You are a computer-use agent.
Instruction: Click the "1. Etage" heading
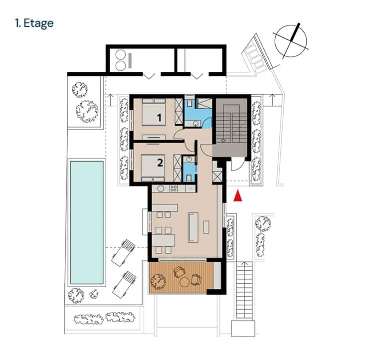tap(34, 23)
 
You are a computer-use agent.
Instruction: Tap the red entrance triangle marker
tap(237, 195)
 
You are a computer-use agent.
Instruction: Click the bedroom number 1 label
tap(159, 118)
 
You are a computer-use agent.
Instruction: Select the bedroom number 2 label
tap(160, 163)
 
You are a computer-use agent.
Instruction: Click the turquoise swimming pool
tap(87, 222)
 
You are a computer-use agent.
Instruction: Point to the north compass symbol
tap(291, 41)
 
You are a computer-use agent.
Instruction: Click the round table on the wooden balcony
tap(185, 282)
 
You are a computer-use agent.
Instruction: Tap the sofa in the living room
tap(193, 227)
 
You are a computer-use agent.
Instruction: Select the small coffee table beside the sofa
tap(206, 227)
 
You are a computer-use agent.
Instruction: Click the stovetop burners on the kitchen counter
tap(174, 188)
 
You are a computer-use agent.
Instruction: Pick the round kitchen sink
tap(161, 189)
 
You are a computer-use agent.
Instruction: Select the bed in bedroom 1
tap(154, 112)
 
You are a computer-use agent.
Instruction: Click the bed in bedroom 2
tap(153, 168)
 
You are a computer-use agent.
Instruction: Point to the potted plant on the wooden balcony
tap(158, 282)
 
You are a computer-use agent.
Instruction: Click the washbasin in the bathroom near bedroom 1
tap(196, 124)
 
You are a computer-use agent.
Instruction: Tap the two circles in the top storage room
tap(121, 60)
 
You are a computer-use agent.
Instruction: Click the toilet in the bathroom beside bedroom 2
tap(189, 178)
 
